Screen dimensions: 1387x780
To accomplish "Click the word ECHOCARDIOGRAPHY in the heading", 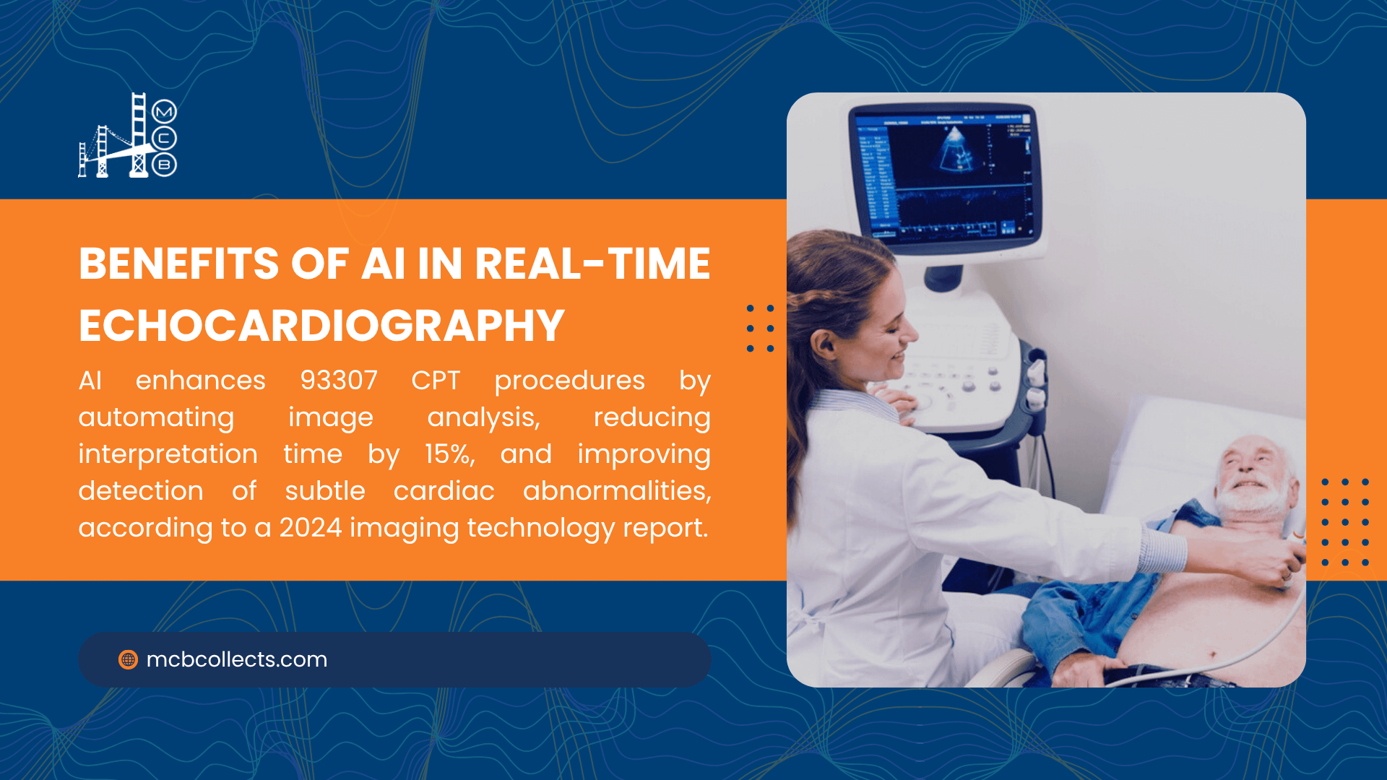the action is (321, 325).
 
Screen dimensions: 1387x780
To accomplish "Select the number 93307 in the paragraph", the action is (339, 380).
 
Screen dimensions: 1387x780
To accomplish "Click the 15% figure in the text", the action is (449, 454).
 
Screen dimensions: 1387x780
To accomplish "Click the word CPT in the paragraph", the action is (436, 380).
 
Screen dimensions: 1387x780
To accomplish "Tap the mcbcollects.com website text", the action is (237, 659).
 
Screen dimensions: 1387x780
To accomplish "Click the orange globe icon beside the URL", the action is (128, 659).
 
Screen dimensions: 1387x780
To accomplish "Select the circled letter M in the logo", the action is (165, 112).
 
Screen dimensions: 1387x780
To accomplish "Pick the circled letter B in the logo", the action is (165, 165).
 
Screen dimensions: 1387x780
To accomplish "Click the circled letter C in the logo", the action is (165, 139).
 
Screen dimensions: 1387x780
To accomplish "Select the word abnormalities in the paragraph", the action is (617, 491).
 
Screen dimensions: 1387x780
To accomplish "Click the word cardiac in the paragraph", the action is (444, 491).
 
